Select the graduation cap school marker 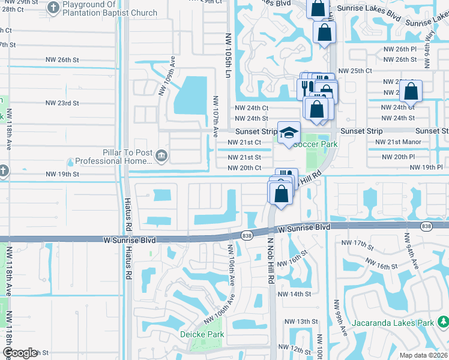coord(289,133)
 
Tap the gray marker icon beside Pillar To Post coord(161,157)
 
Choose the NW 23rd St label coord(62,103)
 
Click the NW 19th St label coord(62,174)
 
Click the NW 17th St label coord(354,242)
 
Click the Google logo coord(20,353)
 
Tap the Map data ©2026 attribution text coord(423,355)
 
